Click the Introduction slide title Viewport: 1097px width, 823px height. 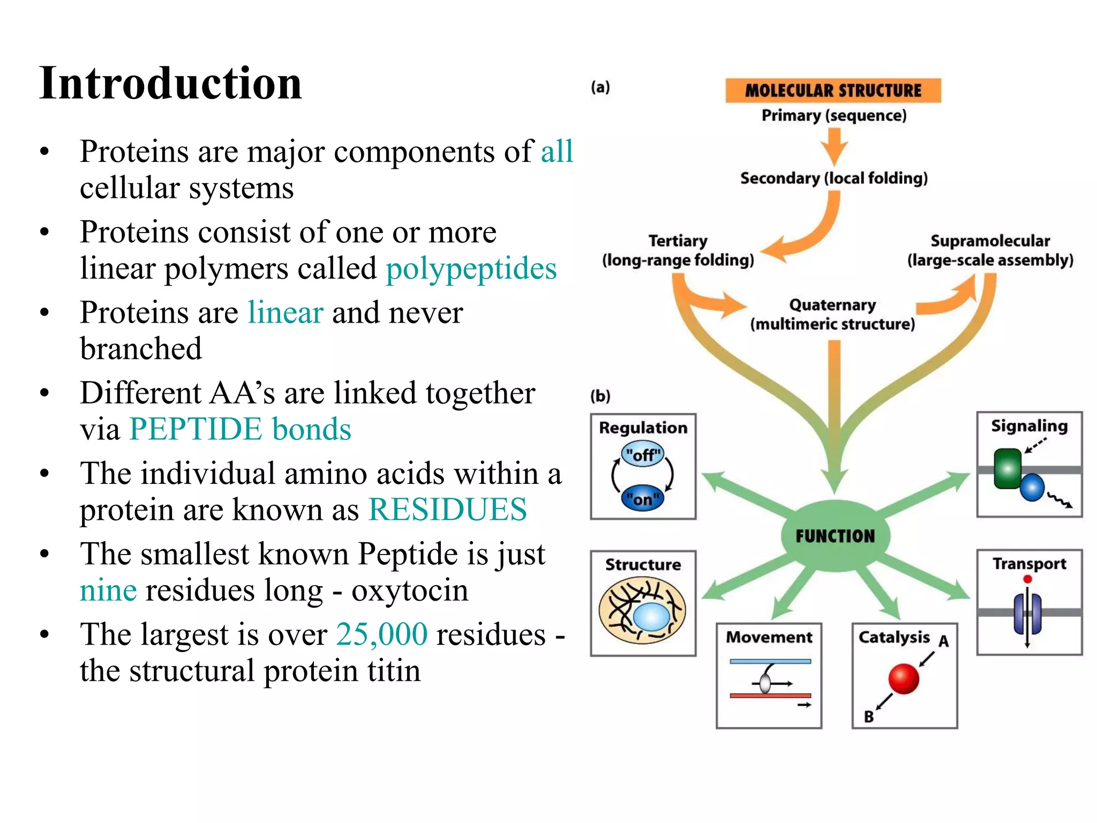click(170, 84)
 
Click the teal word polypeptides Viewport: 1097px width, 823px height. click(471, 268)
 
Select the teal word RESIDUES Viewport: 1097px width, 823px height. click(447, 510)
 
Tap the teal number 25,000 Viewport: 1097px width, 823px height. click(381, 634)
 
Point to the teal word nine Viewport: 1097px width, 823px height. click(108, 590)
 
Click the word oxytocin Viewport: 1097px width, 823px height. click(410, 590)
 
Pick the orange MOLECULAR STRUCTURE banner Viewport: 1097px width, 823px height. click(833, 91)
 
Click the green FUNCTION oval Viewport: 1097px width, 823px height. click(835, 536)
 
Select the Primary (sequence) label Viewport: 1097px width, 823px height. click(833, 116)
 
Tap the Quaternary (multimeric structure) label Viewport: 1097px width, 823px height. click(832, 315)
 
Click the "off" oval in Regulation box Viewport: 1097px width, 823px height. click(643, 455)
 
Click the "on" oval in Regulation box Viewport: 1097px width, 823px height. click(642, 499)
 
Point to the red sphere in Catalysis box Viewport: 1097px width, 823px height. click(903, 678)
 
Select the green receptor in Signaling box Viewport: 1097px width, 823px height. click(1007, 469)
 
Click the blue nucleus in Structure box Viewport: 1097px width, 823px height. click(651, 617)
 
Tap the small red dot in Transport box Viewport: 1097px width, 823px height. click(1027, 579)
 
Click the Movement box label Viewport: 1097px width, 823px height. click(769, 637)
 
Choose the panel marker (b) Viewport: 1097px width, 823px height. click(600, 396)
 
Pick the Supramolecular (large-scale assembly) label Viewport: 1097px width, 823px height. click(990, 251)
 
